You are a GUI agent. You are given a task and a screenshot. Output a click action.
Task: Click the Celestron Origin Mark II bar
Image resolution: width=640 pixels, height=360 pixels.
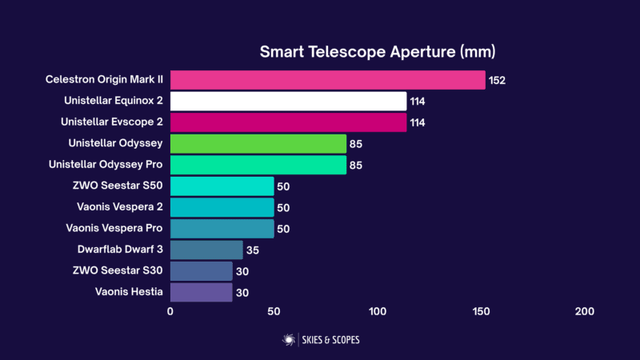328,80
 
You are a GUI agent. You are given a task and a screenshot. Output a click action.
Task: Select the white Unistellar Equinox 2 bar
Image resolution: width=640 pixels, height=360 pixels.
289,102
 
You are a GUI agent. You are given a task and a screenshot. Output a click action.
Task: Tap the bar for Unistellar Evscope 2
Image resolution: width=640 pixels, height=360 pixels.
289,122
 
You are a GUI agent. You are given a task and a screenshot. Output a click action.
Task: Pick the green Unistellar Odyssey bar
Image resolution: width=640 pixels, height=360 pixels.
258,144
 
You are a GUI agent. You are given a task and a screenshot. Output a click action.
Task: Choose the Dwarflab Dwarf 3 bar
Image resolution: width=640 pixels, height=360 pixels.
206,250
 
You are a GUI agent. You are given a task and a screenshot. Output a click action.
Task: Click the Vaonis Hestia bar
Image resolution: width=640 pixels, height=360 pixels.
202,292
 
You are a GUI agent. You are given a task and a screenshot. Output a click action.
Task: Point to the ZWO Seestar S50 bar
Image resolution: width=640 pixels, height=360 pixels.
222,186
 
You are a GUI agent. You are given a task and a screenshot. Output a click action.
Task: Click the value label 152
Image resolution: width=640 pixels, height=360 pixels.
497,81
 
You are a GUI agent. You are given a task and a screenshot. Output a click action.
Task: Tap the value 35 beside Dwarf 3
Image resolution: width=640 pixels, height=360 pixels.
253,250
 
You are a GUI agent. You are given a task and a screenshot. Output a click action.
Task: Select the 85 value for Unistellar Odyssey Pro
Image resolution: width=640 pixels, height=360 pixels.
356,166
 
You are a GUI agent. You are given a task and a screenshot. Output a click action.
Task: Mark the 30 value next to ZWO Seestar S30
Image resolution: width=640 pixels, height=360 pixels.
242,271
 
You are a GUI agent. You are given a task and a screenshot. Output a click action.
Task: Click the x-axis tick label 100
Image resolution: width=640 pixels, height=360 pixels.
378,311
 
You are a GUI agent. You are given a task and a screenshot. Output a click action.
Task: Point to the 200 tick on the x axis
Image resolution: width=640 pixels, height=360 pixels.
585,311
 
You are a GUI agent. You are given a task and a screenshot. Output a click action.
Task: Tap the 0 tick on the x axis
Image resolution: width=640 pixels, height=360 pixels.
170,311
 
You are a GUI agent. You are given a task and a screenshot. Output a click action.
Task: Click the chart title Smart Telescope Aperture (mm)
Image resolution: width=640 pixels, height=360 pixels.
378,52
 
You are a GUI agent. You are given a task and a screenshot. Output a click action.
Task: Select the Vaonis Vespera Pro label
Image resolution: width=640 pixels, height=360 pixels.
114,228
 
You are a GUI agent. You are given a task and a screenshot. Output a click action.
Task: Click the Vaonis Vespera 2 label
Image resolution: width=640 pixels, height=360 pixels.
120,206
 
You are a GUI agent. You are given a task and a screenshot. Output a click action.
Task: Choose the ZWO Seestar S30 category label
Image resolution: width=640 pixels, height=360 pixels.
118,270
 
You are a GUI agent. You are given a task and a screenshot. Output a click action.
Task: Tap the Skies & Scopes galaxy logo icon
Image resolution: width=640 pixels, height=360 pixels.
289,339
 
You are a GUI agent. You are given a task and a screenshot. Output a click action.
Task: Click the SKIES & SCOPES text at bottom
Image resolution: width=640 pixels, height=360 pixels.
330,340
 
